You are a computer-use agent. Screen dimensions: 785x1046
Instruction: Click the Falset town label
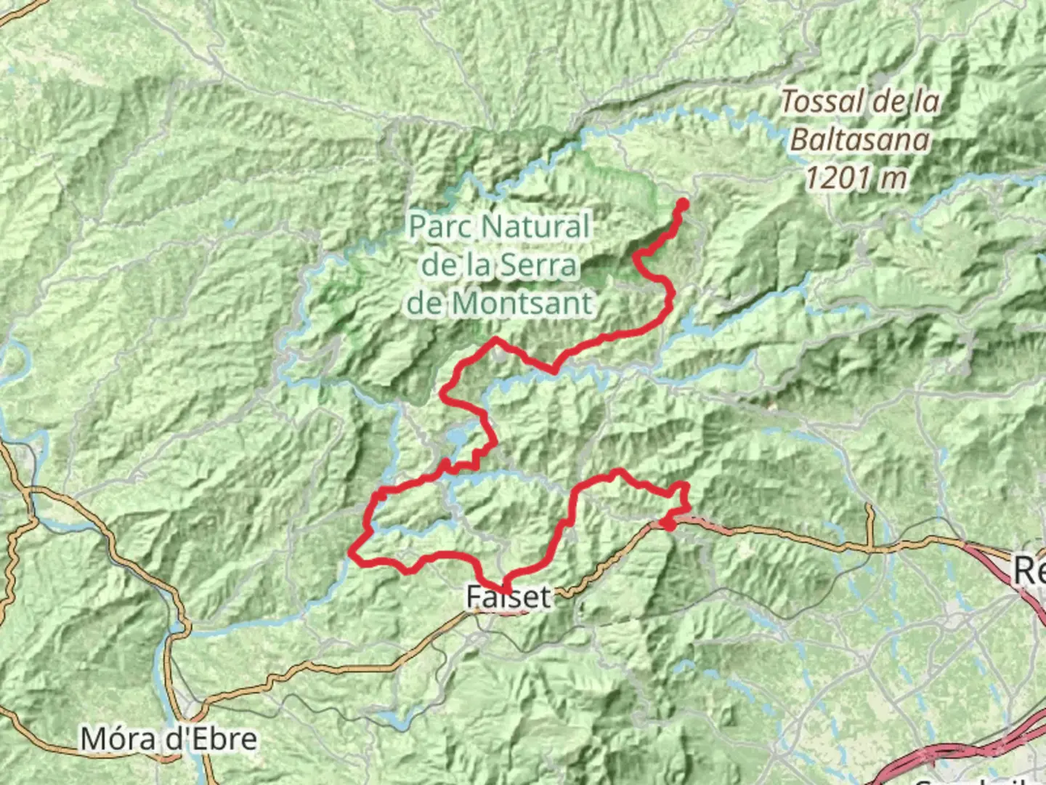pyautogui.click(x=508, y=597)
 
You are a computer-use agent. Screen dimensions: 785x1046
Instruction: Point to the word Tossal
pyautogui.click(x=822, y=102)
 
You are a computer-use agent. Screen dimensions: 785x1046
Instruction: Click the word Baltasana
pyautogui.click(x=859, y=139)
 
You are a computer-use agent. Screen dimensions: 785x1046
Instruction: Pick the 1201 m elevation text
pyautogui.click(x=856, y=177)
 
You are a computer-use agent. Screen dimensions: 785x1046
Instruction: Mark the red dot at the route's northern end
pyautogui.click(x=682, y=204)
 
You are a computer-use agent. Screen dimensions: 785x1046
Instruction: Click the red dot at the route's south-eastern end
pyautogui.click(x=668, y=522)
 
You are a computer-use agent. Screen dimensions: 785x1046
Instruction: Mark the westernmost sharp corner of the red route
pyautogui.click(x=352, y=552)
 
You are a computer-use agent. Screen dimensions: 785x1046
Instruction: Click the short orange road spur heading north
pyautogui.click(x=870, y=523)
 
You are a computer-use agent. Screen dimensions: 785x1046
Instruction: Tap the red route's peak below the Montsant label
pyautogui.click(x=496, y=339)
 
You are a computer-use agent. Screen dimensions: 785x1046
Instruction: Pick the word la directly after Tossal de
pyautogui.click(x=925, y=102)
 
